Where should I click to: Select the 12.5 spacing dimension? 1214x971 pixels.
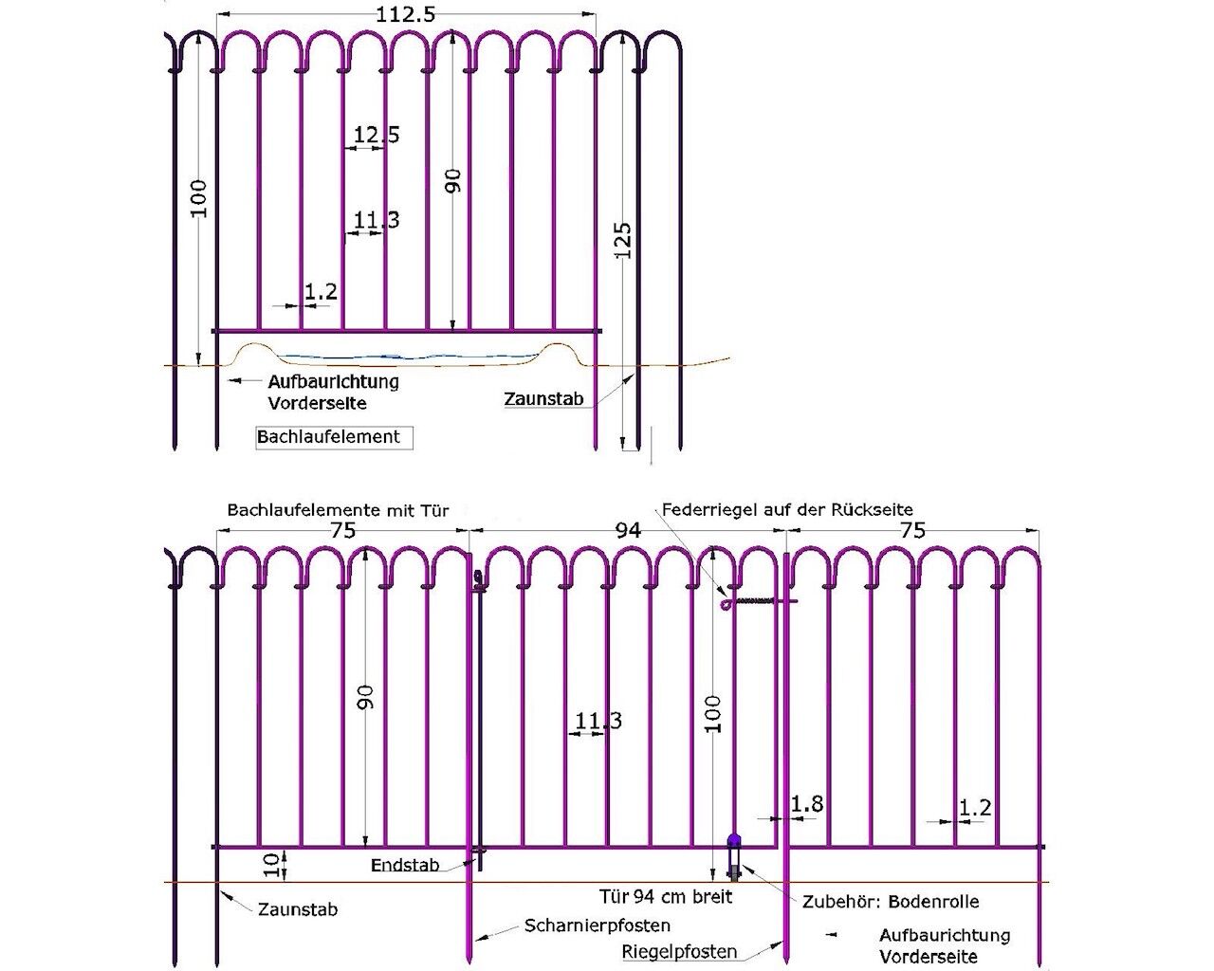(x=377, y=136)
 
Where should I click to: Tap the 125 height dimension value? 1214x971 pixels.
(x=621, y=243)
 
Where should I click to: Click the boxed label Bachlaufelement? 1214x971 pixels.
(x=329, y=437)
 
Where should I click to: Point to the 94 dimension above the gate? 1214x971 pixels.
(x=628, y=530)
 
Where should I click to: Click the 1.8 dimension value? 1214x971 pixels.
(x=806, y=804)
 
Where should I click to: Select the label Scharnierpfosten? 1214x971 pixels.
(x=597, y=925)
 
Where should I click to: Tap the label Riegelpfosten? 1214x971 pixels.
(x=679, y=951)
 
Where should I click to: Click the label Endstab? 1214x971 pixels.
(x=405, y=865)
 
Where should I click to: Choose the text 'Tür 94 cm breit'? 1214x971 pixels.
(x=666, y=895)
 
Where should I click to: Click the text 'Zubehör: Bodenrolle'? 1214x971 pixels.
(x=891, y=901)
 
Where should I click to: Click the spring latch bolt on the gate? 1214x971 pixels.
(x=759, y=601)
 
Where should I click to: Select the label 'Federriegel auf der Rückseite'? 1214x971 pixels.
(x=787, y=509)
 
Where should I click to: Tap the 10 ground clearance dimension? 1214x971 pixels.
(x=272, y=864)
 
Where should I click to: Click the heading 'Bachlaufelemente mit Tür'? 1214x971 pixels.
(x=338, y=510)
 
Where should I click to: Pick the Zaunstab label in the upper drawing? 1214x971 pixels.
(x=543, y=399)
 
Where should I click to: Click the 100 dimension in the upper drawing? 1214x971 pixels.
(x=199, y=199)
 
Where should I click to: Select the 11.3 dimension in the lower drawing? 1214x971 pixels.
(x=598, y=722)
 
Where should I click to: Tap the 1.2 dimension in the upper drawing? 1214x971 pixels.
(x=322, y=292)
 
